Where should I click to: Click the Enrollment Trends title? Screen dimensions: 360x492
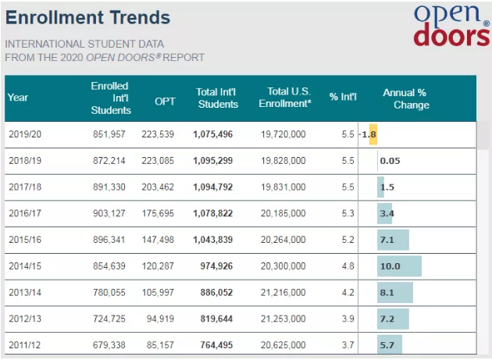pyautogui.click(x=87, y=16)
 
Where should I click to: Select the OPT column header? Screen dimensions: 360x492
pyautogui.click(x=165, y=98)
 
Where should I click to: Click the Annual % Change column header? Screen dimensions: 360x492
pyautogui.click(x=405, y=98)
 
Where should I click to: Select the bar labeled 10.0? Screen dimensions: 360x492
pyautogui.click(x=399, y=266)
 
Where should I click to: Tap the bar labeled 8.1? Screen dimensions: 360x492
pyautogui.click(x=394, y=293)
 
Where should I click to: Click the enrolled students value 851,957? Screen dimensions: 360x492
pyautogui.click(x=110, y=134)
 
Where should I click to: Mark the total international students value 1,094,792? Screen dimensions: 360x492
pyautogui.click(x=214, y=187)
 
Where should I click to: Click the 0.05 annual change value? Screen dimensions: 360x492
pyautogui.click(x=390, y=161)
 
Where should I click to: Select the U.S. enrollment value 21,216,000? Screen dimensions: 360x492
pyautogui.click(x=283, y=293)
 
